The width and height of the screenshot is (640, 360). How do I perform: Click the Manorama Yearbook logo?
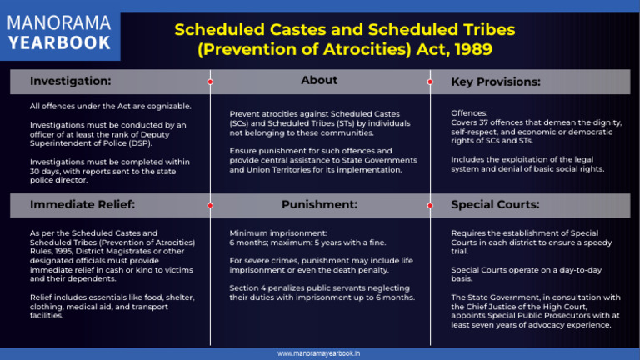tap(60, 32)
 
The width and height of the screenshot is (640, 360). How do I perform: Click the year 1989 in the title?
tap(468, 49)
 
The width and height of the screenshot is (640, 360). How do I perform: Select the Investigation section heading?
tap(70, 82)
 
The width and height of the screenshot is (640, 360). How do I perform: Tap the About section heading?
tap(319, 81)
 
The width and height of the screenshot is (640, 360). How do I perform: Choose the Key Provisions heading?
tap(496, 82)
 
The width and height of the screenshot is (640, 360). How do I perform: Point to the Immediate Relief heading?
tap(82, 204)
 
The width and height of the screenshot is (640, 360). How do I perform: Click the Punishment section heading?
tap(319, 204)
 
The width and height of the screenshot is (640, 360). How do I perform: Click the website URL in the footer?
tap(320, 353)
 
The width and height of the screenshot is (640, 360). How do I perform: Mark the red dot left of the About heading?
tap(210, 82)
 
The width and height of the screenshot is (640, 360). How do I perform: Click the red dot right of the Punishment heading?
tap(429, 204)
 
